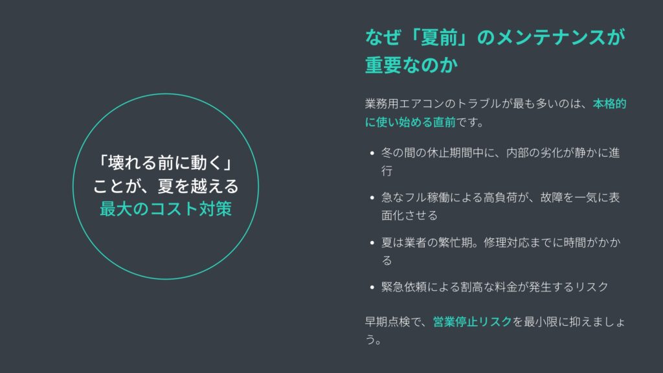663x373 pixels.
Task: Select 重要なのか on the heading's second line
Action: (411, 65)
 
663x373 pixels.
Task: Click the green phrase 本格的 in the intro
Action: (609, 104)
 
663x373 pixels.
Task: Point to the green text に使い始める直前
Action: (410, 122)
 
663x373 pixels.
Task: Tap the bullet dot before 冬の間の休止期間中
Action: (372, 153)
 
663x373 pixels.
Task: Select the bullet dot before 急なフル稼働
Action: (372, 198)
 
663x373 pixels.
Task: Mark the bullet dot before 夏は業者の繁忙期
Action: (372, 243)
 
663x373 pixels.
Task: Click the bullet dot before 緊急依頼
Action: (372, 287)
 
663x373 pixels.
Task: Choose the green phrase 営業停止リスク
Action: (472, 322)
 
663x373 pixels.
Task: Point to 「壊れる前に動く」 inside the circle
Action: (165, 163)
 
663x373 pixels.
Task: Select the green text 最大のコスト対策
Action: (165, 209)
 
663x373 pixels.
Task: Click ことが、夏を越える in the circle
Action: (165, 186)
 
